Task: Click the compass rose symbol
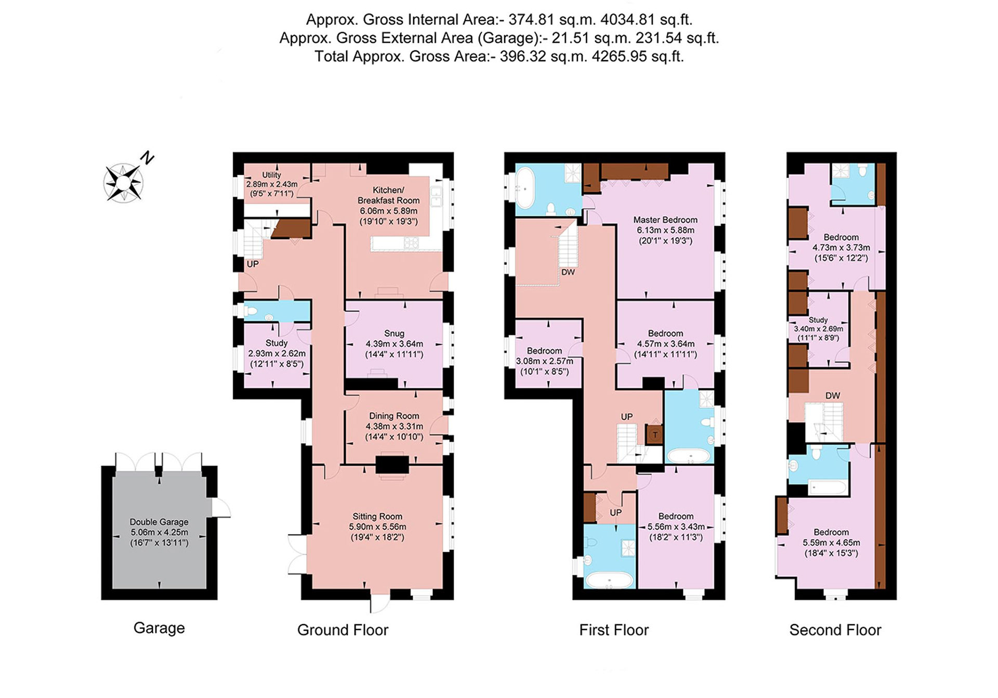click(x=124, y=183)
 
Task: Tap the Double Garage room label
click(x=159, y=532)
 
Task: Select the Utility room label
click(x=272, y=184)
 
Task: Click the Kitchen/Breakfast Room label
click(x=389, y=206)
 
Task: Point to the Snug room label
click(x=394, y=344)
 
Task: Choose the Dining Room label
click(x=394, y=426)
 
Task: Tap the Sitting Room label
click(x=377, y=526)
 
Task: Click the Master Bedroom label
click(x=665, y=230)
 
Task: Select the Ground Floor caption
click(x=343, y=630)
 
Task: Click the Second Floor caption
click(x=835, y=630)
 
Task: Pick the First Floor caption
click(x=614, y=630)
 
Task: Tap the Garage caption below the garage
click(x=159, y=628)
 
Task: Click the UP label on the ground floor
click(x=253, y=264)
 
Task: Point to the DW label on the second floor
click(x=833, y=396)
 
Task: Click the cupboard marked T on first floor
click(x=655, y=434)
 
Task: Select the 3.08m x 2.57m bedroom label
click(x=545, y=361)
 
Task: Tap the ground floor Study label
click(x=277, y=353)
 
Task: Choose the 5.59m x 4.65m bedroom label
click(x=831, y=543)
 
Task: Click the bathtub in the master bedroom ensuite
click(x=526, y=187)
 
